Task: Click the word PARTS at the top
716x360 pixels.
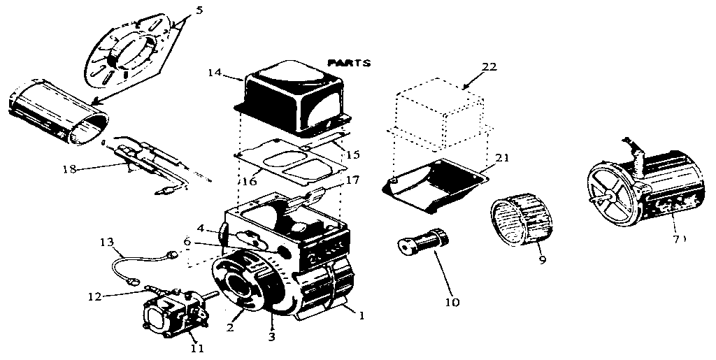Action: (349, 62)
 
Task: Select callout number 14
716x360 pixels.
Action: (213, 72)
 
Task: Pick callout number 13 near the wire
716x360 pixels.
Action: (106, 242)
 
